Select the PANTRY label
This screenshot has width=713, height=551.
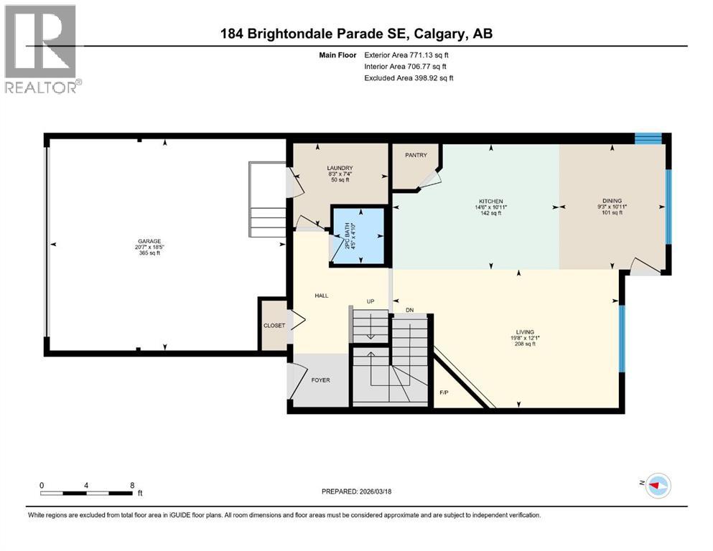416,155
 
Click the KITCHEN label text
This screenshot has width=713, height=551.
491,202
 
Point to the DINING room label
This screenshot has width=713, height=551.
612,202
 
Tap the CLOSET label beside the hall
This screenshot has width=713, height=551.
274,325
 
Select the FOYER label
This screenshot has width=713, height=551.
320,380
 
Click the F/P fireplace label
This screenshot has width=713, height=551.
444,393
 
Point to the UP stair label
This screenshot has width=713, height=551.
371,301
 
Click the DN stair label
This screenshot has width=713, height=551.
409,310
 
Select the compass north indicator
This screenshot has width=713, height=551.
656,486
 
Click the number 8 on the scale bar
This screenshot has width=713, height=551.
132,485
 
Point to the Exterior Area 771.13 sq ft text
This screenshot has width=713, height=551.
408,55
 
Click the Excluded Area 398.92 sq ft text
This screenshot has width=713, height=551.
409,77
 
